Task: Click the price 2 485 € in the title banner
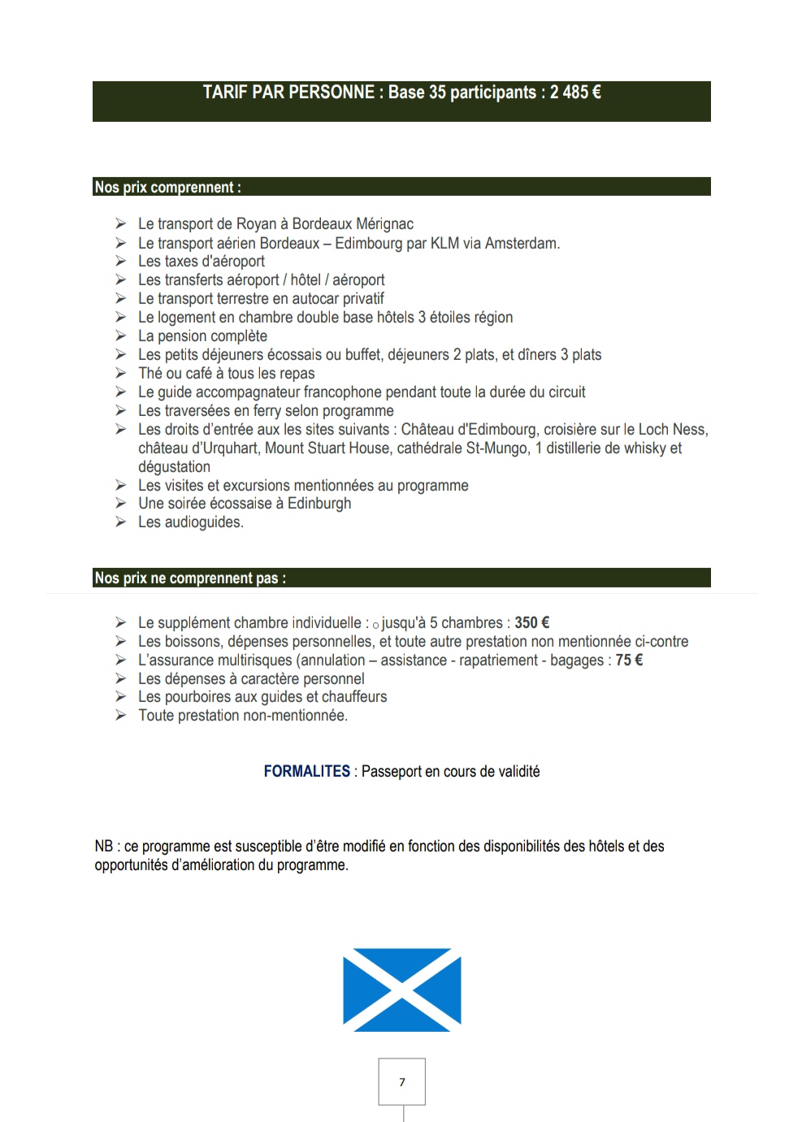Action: [575, 93]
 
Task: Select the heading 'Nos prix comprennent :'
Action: [167, 188]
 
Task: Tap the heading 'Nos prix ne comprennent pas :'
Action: [190, 578]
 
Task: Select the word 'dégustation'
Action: [174, 467]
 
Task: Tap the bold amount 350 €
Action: [532, 623]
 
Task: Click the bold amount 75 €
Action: [629, 661]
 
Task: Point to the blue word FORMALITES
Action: [306, 772]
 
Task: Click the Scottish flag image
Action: [401, 990]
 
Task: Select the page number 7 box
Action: [401, 1081]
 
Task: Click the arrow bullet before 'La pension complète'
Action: [120, 336]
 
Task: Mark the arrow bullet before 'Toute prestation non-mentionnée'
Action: [120, 716]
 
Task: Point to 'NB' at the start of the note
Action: [103, 847]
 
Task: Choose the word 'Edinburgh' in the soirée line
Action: [319, 504]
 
